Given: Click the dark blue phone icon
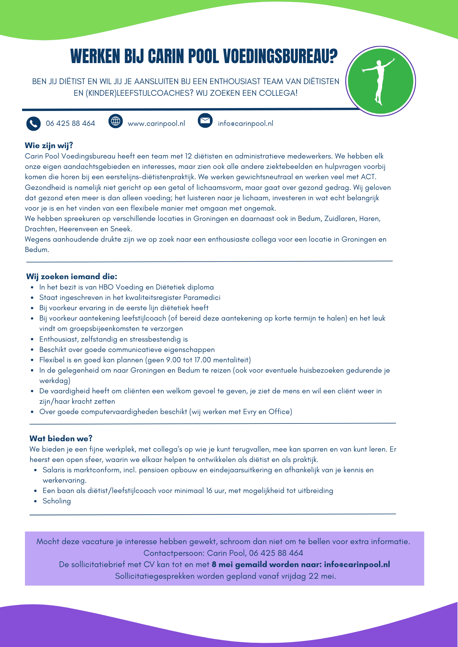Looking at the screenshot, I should click(33, 124).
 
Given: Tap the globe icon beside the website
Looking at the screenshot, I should click(116, 121).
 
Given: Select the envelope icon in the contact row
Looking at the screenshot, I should click(205, 121).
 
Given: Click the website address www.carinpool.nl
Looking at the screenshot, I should click(156, 124).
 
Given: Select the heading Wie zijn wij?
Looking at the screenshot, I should click(49, 146).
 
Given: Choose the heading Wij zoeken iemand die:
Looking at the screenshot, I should click(72, 277).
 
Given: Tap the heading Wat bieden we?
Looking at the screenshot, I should click(61, 438).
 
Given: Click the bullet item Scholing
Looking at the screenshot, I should click(57, 501).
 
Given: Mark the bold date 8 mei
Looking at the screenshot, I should click(222, 565).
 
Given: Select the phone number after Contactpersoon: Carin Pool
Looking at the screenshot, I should click(276, 553).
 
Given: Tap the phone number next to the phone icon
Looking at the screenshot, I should click(70, 124).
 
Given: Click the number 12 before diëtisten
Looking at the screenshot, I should click(189, 156).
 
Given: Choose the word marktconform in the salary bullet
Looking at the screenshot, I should click(97, 470).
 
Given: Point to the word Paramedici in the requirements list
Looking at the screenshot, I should click(202, 298).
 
